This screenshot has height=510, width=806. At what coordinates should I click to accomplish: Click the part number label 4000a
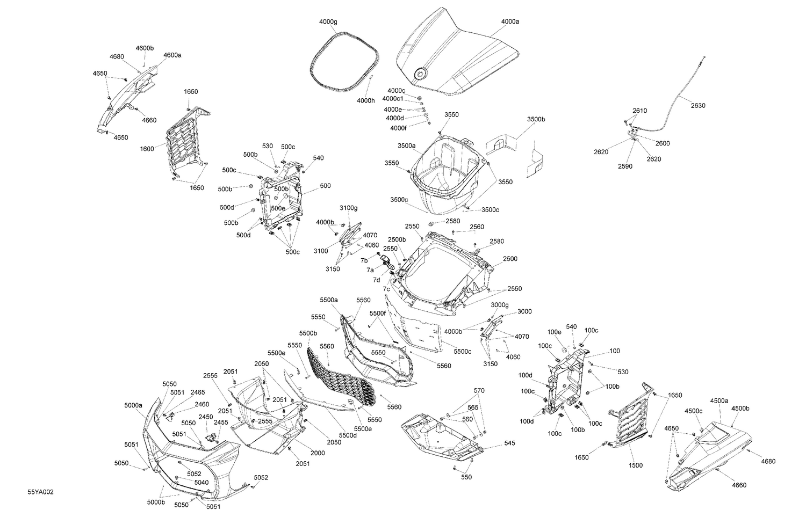pos(510,21)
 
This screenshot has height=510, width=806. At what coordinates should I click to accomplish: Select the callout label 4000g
pos(328,21)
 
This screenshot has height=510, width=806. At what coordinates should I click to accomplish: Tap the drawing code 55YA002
pos(41,492)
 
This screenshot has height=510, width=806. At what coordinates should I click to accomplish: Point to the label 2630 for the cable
pos(697,106)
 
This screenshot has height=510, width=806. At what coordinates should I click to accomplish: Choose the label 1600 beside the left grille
pos(147,149)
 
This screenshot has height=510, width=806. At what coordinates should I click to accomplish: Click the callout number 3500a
pos(407,145)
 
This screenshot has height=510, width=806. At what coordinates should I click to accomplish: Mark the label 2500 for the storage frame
pos(510,259)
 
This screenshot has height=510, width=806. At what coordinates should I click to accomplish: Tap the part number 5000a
pos(133,405)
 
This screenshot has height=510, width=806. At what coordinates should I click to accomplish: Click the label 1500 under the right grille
pos(635,465)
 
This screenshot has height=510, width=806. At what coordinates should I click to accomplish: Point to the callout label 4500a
pos(719,400)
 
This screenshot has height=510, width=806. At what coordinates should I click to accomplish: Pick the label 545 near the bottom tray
pos(509,443)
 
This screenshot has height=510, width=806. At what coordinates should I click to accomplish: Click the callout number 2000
pos(318,453)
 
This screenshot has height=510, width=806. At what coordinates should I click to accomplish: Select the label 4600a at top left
pos(172,55)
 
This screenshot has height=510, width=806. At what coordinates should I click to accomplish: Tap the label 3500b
pos(536,119)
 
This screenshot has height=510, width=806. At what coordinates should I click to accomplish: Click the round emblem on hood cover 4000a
pos(420,74)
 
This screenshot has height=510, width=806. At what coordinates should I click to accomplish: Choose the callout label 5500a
pos(328,300)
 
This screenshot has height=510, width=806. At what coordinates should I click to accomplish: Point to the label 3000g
pos(499,304)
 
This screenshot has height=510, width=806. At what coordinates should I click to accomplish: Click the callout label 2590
pos(625,166)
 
